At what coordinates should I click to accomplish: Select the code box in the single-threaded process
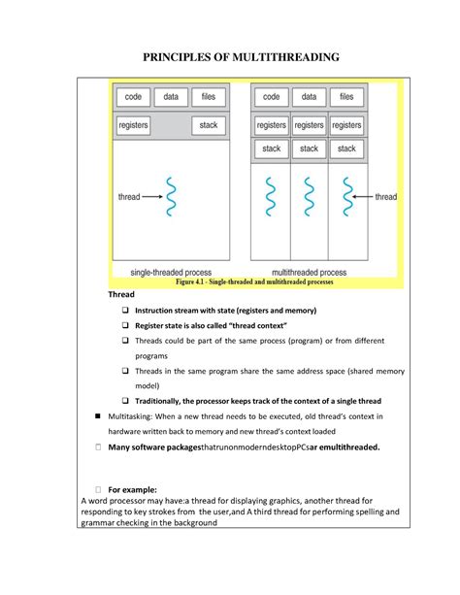(x=134, y=97)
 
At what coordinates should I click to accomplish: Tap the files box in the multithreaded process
(x=346, y=97)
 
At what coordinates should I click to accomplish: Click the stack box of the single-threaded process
(x=209, y=125)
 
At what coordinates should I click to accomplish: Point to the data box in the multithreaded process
(x=309, y=97)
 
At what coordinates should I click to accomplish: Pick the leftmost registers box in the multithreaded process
(x=272, y=125)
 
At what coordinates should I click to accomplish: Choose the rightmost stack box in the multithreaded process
(x=346, y=149)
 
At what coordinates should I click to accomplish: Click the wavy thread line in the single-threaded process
(x=172, y=197)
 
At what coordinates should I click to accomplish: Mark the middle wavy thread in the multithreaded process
(x=309, y=197)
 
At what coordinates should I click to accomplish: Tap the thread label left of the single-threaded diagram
(x=129, y=197)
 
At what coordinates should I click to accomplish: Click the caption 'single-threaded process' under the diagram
(x=172, y=273)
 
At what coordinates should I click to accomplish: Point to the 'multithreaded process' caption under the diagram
(x=310, y=273)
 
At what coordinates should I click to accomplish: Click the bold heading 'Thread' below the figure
(x=121, y=294)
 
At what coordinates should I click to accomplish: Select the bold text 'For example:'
(x=138, y=490)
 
